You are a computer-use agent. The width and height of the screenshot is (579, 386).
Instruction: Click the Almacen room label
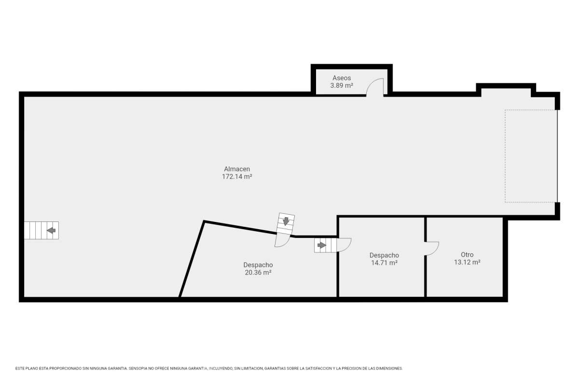click(x=237, y=169)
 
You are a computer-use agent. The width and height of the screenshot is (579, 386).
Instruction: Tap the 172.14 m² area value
click(x=237, y=177)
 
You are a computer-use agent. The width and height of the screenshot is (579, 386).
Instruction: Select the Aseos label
click(x=342, y=78)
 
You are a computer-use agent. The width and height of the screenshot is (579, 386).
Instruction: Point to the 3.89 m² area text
click(x=342, y=85)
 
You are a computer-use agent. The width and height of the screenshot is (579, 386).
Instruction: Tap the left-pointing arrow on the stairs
click(x=51, y=230)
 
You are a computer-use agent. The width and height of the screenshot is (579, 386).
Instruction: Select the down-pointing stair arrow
click(x=286, y=221)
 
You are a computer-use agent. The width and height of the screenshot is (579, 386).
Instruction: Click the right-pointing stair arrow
click(x=322, y=245)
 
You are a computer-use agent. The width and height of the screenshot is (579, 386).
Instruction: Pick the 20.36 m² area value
click(x=258, y=273)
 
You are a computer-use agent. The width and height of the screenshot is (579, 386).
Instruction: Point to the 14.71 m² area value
click(x=384, y=262)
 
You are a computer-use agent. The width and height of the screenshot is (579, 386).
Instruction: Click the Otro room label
click(x=467, y=255)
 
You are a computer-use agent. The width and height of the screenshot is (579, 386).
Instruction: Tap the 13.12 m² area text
click(x=467, y=262)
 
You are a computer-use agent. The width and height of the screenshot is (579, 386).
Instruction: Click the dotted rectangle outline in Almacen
click(x=505, y=156)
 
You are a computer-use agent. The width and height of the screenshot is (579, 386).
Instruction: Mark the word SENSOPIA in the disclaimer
click(x=138, y=369)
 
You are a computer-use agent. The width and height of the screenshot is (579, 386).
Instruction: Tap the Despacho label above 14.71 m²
click(x=384, y=255)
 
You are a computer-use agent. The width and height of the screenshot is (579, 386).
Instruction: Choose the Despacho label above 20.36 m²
click(x=258, y=265)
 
